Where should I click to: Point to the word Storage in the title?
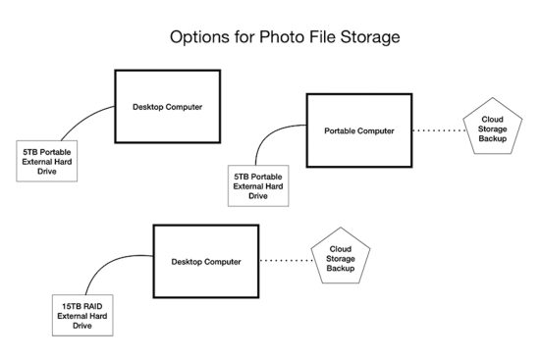pos(366,38)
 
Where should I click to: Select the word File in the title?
pos(317,38)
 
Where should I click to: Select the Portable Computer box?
pos(358,129)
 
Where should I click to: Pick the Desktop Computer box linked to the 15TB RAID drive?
pos(205,262)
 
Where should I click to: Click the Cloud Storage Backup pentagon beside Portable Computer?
pos(491,132)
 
